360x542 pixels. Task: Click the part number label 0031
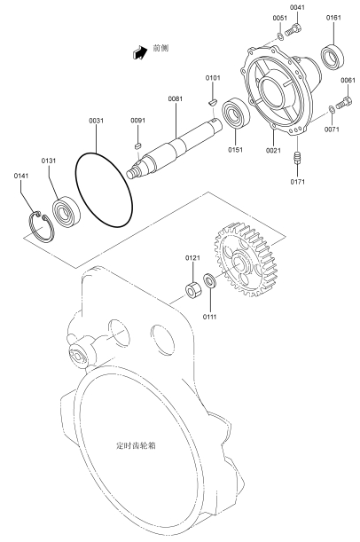click(x=96, y=121)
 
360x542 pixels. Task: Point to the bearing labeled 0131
click(x=67, y=212)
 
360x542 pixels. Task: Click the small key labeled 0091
click(x=137, y=145)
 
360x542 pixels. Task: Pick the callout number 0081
click(x=176, y=98)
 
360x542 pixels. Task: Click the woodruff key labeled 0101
click(x=212, y=102)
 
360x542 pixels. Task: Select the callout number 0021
click(x=273, y=151)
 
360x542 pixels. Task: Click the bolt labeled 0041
click(x=296, y=29)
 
